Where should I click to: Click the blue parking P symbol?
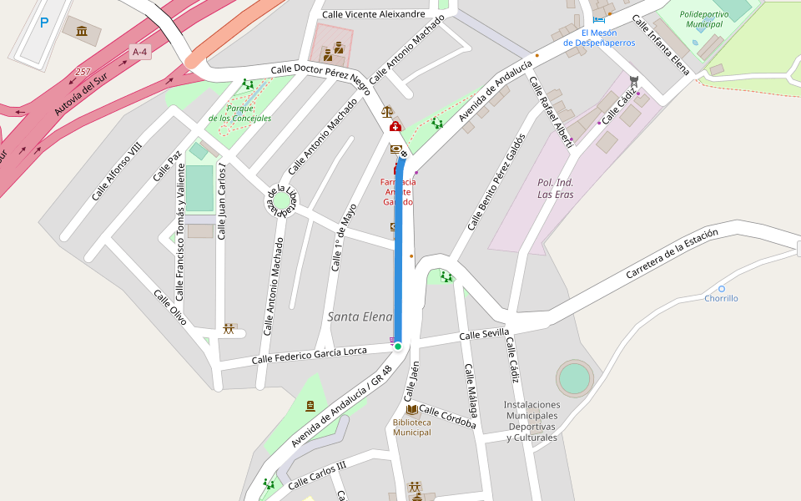coord(43,23)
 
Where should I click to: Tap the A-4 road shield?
coord(139,52)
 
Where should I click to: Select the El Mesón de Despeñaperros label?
coord(598,38)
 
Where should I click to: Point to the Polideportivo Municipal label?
coord(703,19)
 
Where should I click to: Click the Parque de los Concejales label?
coord(239,113)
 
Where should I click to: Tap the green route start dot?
coord(398,346)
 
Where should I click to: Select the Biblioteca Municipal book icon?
coord(412,409)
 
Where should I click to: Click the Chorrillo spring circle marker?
coord(722,288)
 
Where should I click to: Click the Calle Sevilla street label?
coord(484,334)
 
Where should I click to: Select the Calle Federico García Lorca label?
coord(309,355)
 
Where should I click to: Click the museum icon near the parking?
coord(82,32)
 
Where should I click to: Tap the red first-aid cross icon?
coord(395,127)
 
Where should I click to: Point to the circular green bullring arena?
coord(574,378)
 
